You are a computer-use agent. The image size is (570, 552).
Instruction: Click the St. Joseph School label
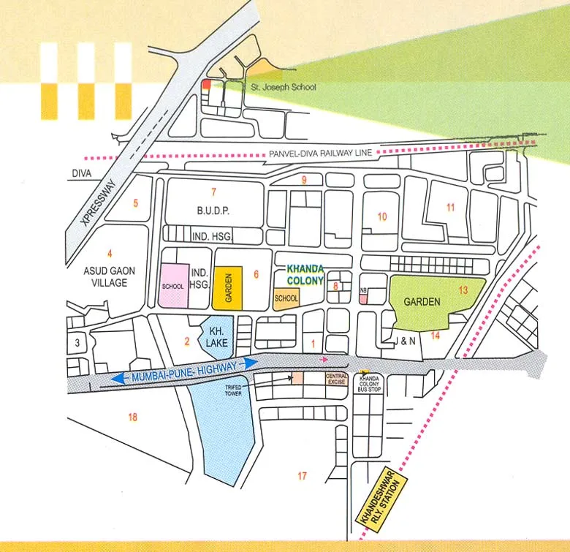(289, 87)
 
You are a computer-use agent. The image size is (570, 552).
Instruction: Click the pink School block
(174, 286)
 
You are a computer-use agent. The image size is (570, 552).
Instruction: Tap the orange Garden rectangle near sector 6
(227, 287)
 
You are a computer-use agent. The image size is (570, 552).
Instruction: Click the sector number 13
(463, 290)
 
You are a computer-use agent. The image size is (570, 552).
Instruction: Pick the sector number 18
(132, 417)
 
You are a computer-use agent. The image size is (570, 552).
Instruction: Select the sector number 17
(302, 477)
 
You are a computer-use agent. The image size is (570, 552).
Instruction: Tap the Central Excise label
(336, 378)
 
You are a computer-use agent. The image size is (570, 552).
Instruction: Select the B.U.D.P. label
(213, 211)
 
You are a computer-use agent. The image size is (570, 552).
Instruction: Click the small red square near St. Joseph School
(205, 85)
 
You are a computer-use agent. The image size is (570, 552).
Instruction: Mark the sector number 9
(303, 179)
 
